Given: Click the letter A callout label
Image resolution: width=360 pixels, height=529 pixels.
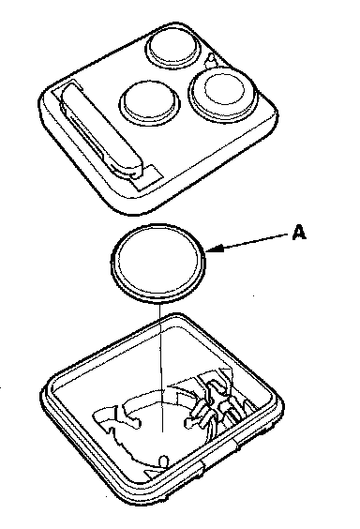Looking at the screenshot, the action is pos(299,233).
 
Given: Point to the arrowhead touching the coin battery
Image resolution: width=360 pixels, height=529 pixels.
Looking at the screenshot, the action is pos(214,249).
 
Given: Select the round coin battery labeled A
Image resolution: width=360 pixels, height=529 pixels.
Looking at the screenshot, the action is pos(157,262).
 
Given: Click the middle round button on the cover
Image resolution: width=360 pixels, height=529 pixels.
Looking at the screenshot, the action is pos(149,101).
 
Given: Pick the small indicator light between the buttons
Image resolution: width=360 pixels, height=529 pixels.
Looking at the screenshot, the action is pos(211,59).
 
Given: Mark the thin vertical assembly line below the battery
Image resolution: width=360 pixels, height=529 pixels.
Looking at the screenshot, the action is pos(161,367).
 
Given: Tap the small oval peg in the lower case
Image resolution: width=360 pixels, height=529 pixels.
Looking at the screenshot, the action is pos(163,461).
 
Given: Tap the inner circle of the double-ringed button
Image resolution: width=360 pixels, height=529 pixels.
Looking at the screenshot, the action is pos(224,89).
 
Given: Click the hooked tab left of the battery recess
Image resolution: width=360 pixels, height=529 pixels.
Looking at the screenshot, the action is pos(105,418).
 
